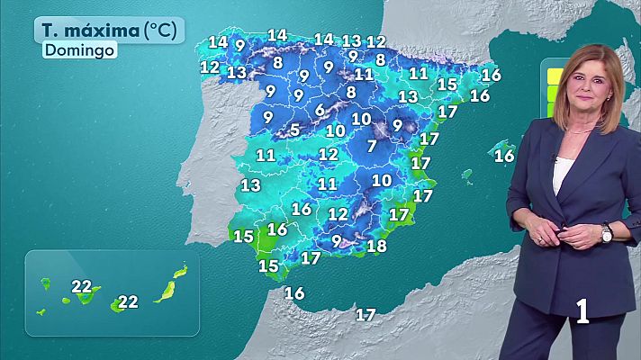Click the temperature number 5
pos(295,130)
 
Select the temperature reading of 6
pos(320,111)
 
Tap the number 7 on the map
pos(372,146)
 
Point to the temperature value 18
pos(377,246)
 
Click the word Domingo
pos(79,50)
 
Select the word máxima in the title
pos(104,31)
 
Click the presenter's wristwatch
pos(606,233)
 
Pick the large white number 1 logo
pos(583,311)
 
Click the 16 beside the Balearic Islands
pos(504,156)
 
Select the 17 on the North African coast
pos(366,314)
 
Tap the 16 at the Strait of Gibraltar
pos(294,292)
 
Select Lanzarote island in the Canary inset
pos(180,269)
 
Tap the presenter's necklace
pos(577,131)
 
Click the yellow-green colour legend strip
pos(546,86)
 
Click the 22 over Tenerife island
pos(81,287)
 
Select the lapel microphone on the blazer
pos(555,158)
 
